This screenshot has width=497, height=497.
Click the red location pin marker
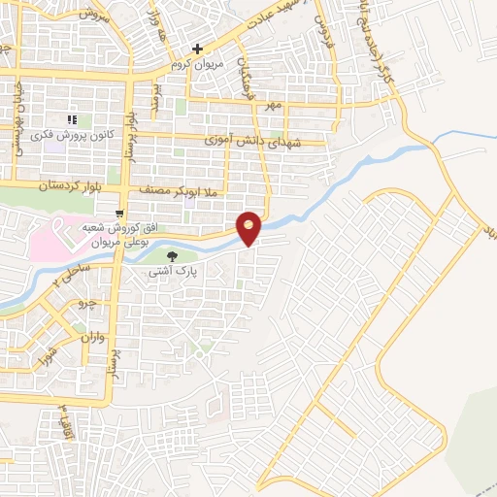(x=249, y=227)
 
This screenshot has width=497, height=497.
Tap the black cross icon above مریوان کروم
(x=197, y=48)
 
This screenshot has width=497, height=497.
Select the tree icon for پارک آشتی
(x=172, y=256)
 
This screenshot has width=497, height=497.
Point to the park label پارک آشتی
(x=173, y=274)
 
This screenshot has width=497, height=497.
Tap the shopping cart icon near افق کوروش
(x=118, y=214)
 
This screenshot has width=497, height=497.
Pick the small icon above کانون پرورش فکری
(x=70, y=119)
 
